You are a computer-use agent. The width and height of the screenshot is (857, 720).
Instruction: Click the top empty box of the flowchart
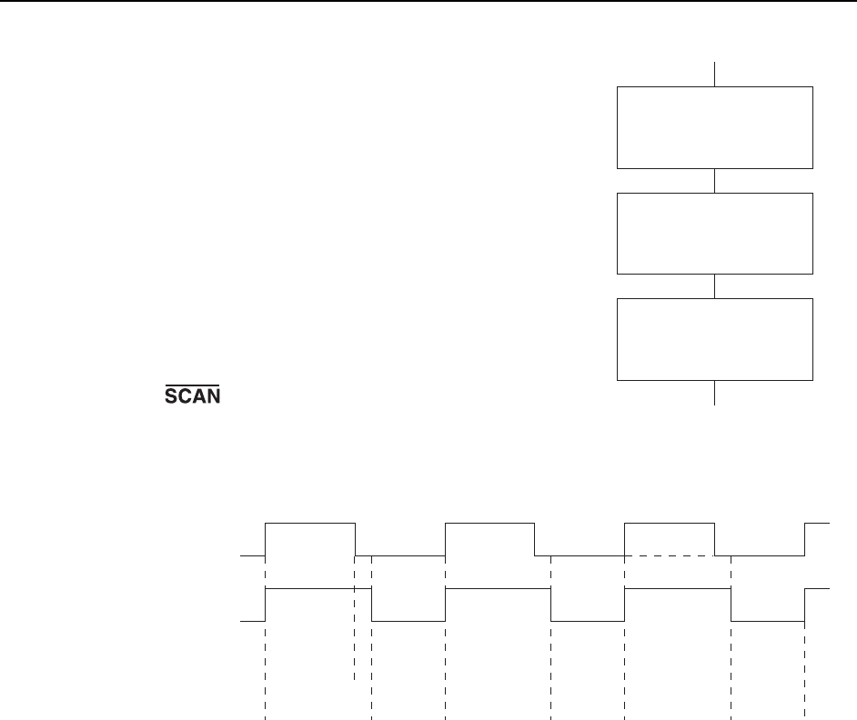click(715, 127)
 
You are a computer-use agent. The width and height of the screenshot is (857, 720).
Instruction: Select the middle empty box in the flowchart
click(715, 233)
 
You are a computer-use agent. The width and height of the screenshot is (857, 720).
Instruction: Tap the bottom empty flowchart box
click(715, 338)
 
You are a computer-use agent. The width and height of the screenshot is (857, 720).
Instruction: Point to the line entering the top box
click(715, 74)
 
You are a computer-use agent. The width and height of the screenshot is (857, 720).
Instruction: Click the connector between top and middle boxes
click(715, 180)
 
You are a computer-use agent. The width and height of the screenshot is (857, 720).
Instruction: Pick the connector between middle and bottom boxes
click(715, 285)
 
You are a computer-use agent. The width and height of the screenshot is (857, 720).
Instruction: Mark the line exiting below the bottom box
click(715, 393)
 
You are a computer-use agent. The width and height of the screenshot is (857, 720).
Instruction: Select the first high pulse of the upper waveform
click(309, 524)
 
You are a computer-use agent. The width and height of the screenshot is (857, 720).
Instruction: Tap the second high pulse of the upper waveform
click(489, 524)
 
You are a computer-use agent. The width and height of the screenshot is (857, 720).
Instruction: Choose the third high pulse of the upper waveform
click(670, 524)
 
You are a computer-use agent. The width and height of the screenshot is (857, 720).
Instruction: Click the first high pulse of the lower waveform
click(318, 589)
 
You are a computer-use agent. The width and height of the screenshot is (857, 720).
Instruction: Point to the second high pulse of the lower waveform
click(498, 589)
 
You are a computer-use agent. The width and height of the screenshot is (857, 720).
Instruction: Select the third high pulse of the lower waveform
click(678, 589)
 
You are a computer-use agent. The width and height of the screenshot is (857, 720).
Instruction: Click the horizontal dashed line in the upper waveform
click(678, 555)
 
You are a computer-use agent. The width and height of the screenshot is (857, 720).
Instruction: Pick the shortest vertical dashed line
click(354, 636)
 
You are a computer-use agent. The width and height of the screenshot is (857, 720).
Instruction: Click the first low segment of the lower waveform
click(408, 621)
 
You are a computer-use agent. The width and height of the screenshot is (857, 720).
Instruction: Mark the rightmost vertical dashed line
click(805, 664)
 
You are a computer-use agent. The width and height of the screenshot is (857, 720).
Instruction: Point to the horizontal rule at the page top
click(428, 2)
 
